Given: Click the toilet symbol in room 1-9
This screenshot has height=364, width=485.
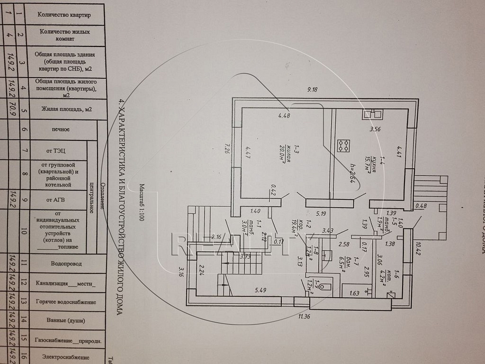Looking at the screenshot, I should point(322,287).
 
